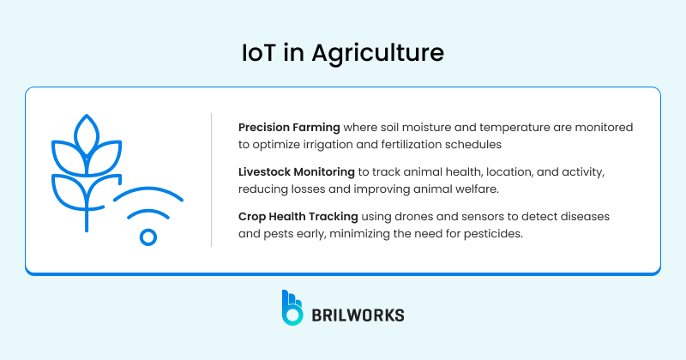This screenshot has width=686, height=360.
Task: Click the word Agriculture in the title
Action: [390, 53]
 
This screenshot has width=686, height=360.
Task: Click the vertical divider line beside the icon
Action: [211, 180]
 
